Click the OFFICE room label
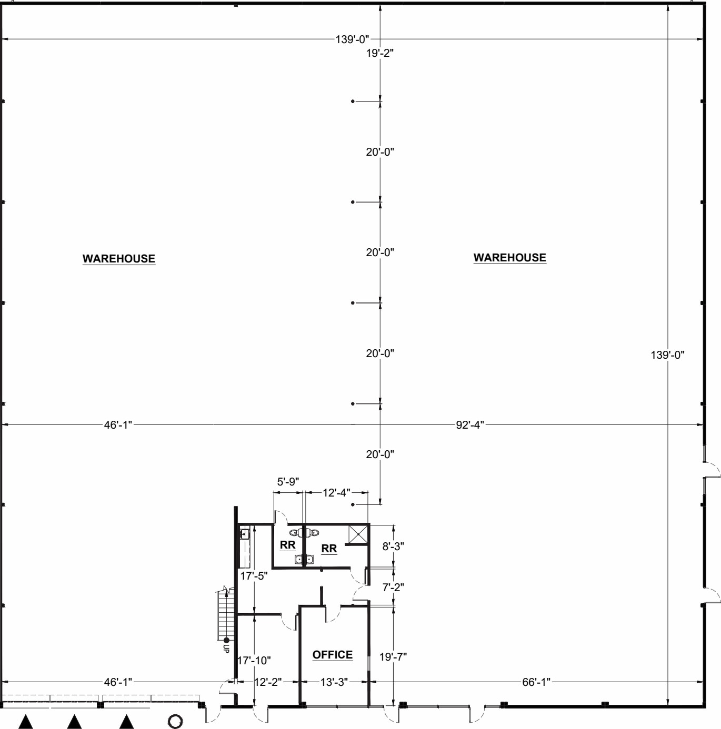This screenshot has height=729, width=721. (x=332, y=654)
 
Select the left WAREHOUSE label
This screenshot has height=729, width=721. (x=118, y=258)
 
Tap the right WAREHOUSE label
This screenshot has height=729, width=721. (x=509, y=257)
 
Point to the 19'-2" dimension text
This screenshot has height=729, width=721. (x=380, y=53)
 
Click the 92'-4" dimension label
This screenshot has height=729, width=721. (x=469, y=424)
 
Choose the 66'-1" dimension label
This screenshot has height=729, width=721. (x=536, y=682)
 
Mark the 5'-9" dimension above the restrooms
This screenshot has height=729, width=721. (x=288, y=481)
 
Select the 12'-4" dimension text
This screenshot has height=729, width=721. (x=336, y=492)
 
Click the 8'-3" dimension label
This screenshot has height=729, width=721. (x=393, y=546)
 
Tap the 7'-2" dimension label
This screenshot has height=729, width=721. (x=393, y=587)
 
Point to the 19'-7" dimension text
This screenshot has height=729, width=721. (x=393, y=656)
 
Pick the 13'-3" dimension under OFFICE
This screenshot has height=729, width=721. (x=334, y=682)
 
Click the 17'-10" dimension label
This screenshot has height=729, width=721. (x=254, y=660)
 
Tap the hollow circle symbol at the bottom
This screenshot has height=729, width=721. (x=175, y=721)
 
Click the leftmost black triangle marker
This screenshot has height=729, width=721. (x=26, y=722)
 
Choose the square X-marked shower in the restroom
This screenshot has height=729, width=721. (x=358, y=535)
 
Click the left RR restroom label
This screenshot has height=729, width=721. (x=287, y=545)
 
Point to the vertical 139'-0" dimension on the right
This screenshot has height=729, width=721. (x=667, y=355)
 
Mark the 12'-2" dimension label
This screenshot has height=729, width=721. (x=268, y=682)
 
